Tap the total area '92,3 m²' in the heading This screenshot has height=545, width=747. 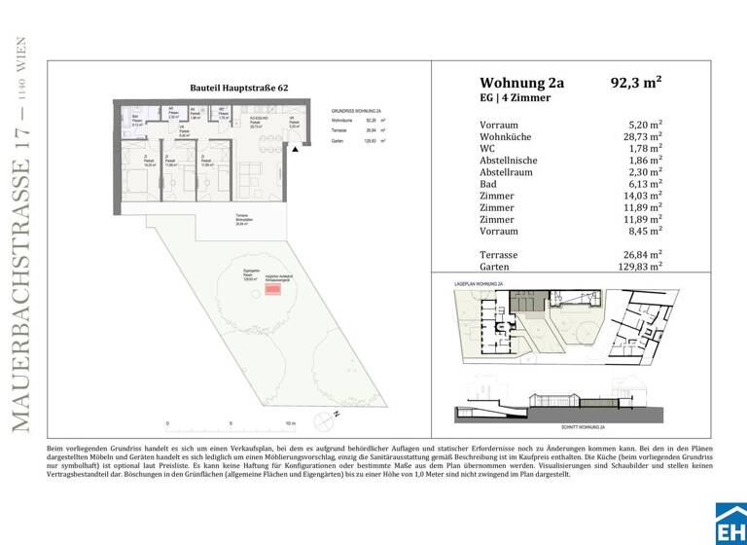coord(635,83)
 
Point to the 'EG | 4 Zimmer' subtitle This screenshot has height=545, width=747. coord(516,98)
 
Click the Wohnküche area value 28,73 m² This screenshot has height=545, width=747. coord(643,137)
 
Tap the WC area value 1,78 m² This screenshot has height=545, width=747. coord(645,149)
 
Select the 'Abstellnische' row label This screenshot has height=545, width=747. coord(509,161)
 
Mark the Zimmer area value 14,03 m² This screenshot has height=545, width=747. coord(643,196)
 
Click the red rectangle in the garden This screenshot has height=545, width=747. coord(273,288)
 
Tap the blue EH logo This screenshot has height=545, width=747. coord(730,523)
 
